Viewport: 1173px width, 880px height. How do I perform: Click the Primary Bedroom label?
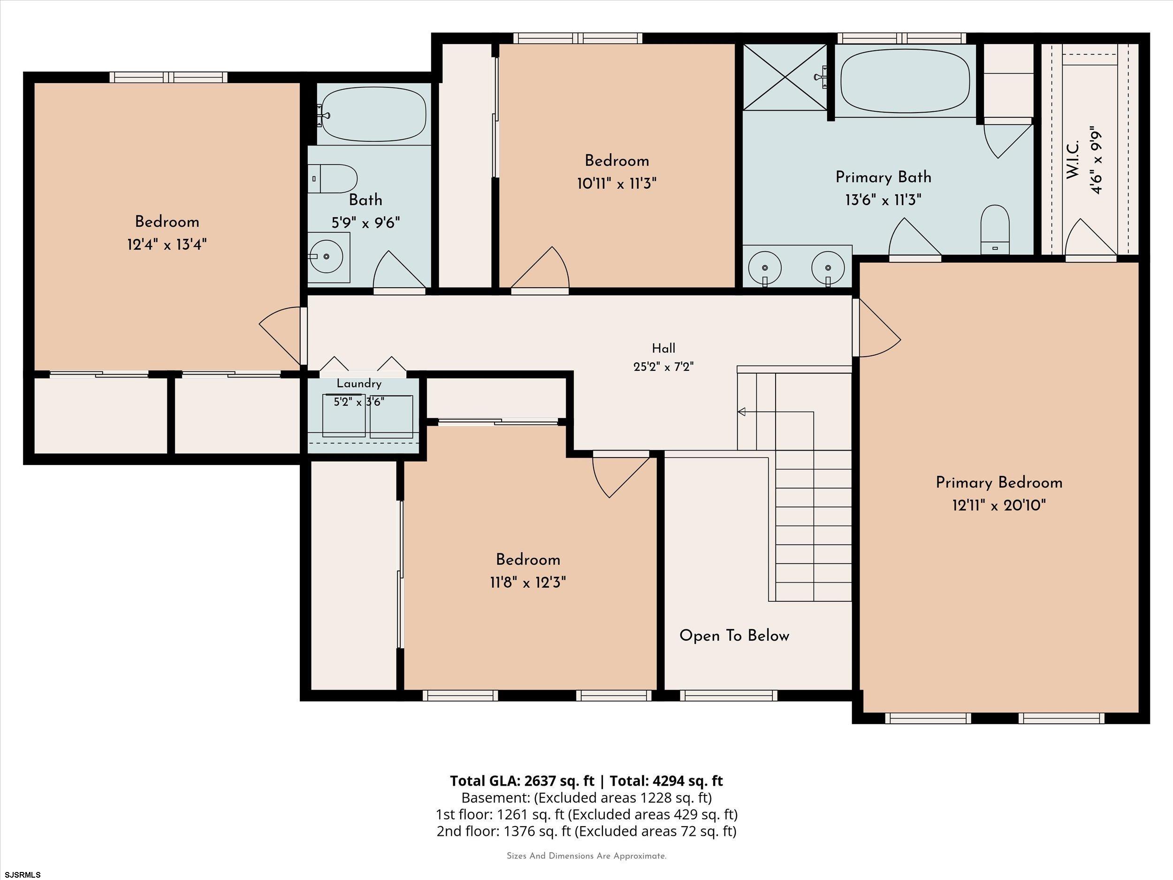coord(999,482)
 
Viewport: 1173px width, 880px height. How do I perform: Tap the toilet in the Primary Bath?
coord(994,230)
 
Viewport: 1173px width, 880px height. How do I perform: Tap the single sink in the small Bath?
coord(329,257)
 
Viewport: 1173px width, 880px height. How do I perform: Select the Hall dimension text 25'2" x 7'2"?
coord(663,367)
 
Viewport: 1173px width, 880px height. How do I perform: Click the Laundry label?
coord(359,383)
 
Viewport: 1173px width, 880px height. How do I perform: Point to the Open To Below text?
coord(734,636)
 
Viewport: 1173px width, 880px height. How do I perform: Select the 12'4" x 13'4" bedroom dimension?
coord(167,245)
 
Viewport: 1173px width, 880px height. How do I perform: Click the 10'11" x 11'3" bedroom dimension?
coord(617,184)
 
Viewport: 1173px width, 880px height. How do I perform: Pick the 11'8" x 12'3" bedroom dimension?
coord(528,583)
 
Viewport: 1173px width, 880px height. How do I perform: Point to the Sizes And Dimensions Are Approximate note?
coord(586,856)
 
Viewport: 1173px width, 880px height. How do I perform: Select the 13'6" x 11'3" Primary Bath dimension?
coord(883,200)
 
